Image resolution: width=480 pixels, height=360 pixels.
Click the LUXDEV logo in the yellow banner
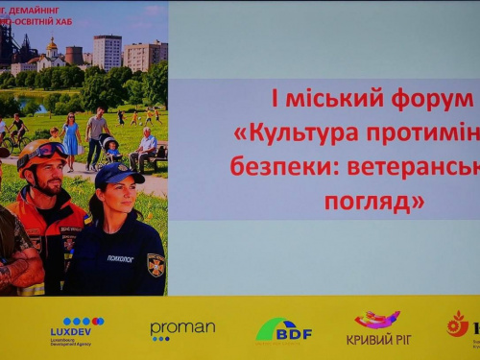(x=77, y=329)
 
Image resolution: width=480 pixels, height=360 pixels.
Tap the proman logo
(x=182, y=329)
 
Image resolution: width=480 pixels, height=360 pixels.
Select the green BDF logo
(x=283, y=329)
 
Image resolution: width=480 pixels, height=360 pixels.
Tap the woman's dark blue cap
(x=118, y=172)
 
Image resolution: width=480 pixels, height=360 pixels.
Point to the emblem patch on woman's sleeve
(x=156, y=264)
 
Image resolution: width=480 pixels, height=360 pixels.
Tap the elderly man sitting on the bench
(x=146, y=145)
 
